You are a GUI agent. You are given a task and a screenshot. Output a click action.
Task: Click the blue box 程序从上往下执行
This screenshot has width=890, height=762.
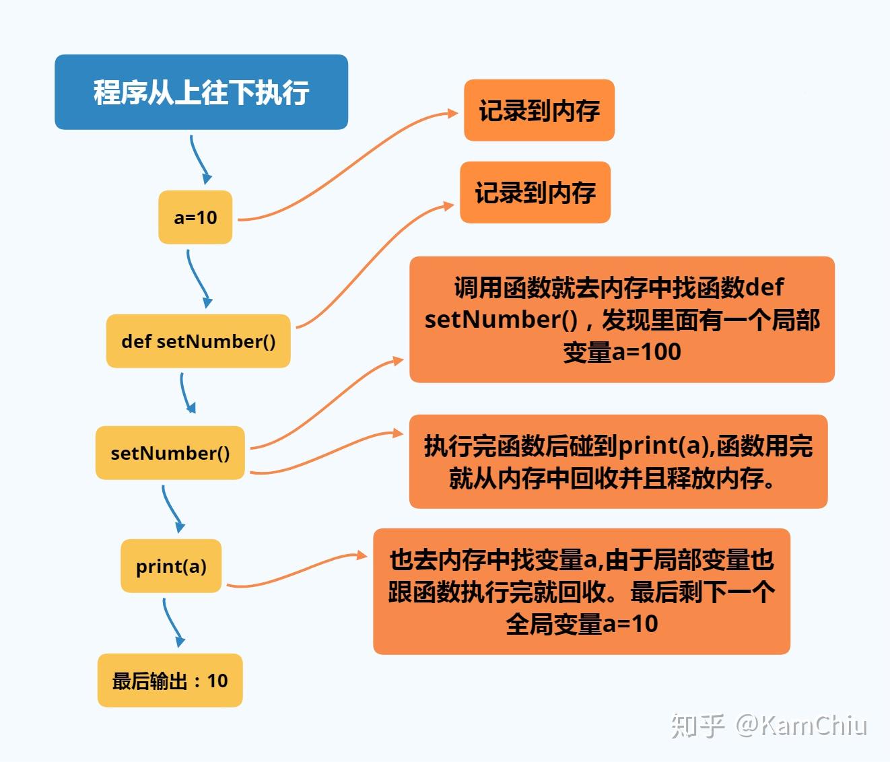pyautogui.click(x=201, y=92)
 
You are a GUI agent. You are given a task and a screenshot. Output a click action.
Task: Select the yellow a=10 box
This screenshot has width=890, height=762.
pyautogui.click(x=195, y=217)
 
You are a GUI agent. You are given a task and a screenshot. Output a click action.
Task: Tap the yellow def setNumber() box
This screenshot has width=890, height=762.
pyautogui.click(x=199, y=341)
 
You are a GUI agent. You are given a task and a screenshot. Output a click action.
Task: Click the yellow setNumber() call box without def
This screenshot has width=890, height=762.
pyautogui.click(x=170, y=453)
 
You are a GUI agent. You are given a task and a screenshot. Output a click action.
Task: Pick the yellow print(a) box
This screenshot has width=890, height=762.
pyautogui.click(x=171, y=565)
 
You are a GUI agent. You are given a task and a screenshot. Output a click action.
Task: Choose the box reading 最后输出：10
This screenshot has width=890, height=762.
pyautogui.click(x=170, y=680)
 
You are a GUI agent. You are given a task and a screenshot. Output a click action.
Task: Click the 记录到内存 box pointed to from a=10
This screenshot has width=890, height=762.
pyautogui.click(x=539, y=110)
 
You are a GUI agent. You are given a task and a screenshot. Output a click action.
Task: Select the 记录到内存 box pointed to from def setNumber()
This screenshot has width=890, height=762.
pyautogui.click(x=535, y=193)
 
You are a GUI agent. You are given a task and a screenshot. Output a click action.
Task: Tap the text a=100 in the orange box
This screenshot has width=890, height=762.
pyautogui.click(x=647, y=352)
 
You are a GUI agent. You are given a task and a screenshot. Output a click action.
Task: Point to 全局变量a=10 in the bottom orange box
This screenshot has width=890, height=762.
pyautogui.click(x=582, y=624)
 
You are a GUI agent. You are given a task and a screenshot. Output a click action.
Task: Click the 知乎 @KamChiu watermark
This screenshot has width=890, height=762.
pyautogui.click(x=769, y=725)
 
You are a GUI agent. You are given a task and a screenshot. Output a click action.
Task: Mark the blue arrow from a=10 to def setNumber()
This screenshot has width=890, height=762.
pyautogui.click(x=198, y=279)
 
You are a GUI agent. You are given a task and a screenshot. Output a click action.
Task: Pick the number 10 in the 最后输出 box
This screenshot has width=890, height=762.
pyautogui.click(x=217, y=681)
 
